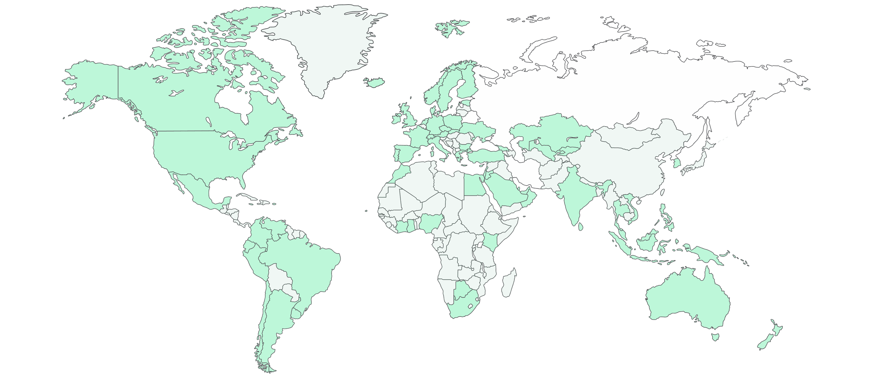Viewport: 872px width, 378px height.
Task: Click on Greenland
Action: [x=323, y=46]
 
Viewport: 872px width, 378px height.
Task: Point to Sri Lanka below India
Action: [x=580, y=227]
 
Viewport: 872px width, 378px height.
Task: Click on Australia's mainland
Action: [x=686, y=299]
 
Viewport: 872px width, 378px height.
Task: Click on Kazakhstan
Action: [x=549, y=134]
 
